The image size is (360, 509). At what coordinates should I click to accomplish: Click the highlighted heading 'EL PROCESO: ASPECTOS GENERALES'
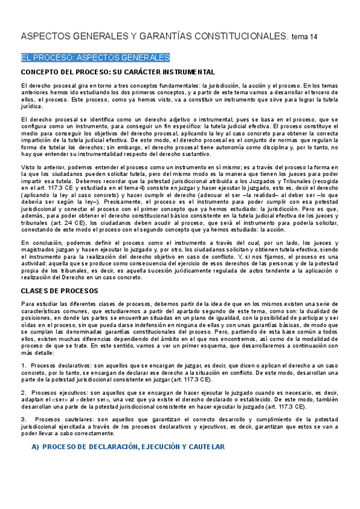coord(95,58)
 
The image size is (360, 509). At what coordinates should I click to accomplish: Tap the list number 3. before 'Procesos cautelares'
coord(23,418)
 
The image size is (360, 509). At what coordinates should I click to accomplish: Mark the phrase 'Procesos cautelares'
coord(62,418)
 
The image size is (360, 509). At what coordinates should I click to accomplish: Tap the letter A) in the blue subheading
coord(35,447)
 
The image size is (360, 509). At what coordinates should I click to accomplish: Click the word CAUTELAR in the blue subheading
coord(205,447)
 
